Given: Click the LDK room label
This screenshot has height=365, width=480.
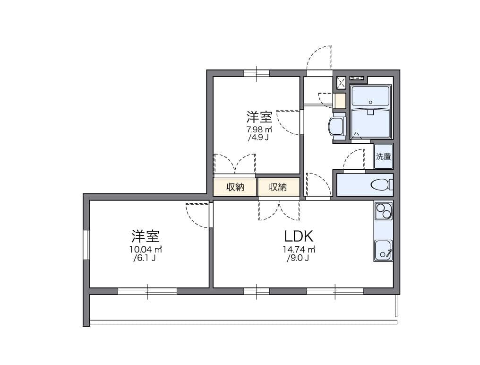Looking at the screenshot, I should pyautogui.click(x=299, y=235).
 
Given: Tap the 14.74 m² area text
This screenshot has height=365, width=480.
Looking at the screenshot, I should pyautogui.click(x=299, y=249).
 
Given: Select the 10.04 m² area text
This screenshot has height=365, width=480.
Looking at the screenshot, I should pyautogui.click(x=146, y=249).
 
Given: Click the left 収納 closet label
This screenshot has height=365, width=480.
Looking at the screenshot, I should pyautogui.click(x=235, y=187).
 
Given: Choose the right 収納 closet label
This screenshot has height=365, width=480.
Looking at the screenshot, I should pyautogui.click(x=278, y=187).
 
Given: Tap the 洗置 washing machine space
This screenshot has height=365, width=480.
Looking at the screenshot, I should pyautogui.click(x=384, y=156).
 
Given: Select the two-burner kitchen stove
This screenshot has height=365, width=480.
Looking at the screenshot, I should pyautogui.click(x=383, y=210).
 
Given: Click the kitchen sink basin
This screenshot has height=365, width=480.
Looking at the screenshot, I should pyautogui.click(x=383, y=250).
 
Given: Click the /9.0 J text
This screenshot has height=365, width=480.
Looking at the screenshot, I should pyautogui.click(x=298, y=258).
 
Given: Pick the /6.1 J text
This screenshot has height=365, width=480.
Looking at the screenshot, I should pyautogui.click(x=145, y=258).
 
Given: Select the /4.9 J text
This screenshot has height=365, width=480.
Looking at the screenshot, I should pyautogui.click(x=258, y=138).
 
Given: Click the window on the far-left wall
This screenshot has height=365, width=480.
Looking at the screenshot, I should pyautogui.click(x=86, y=244).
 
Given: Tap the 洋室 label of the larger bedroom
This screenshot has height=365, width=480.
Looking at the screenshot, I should pyautogui.click(x=145, y=235).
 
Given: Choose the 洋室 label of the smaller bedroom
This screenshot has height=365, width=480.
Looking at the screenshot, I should pyautogui.click(x=259, y=116).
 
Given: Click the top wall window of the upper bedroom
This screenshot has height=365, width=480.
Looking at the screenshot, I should pyautogui.click(x=257, y=73).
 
